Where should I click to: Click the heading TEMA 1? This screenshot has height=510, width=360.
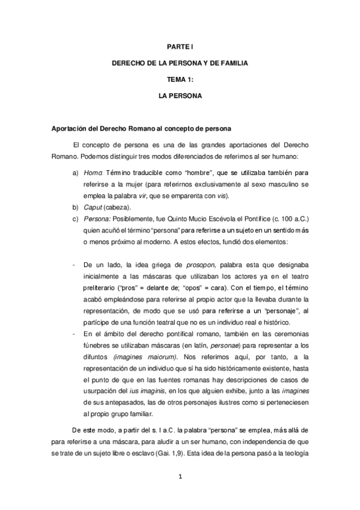click(180, 79)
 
